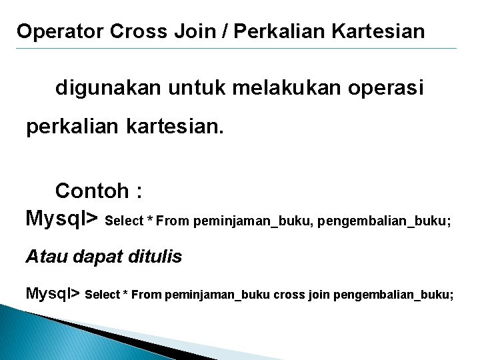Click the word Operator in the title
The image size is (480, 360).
pos(59,31)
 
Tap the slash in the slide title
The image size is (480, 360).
pos(227,31)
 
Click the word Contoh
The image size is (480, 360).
pos(92,191)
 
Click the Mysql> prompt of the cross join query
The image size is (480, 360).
pos(53,293)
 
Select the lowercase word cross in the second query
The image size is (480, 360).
pos(289,294)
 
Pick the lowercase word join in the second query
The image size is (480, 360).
pos(319,294)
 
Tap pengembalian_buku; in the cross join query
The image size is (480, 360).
pos(393,294)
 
